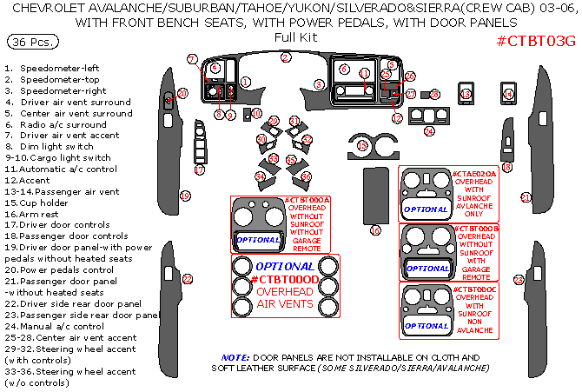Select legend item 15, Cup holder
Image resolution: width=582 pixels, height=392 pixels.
(x=43, y=203)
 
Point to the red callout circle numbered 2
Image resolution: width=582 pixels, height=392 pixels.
(x=286, y=58)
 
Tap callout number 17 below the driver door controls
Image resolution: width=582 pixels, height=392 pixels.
(x=200, y=170)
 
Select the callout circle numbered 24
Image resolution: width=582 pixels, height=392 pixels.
(x=428, y=131)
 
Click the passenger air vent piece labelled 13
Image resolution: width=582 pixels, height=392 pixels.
(x=466, y=96)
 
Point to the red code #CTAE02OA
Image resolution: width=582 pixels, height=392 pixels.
(x=473, y=175)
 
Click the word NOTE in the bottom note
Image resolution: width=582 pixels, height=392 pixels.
(x=235, y=357)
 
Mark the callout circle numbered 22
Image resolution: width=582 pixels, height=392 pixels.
(x=187, y=278)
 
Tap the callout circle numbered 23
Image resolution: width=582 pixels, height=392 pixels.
(x=519, y=279)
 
